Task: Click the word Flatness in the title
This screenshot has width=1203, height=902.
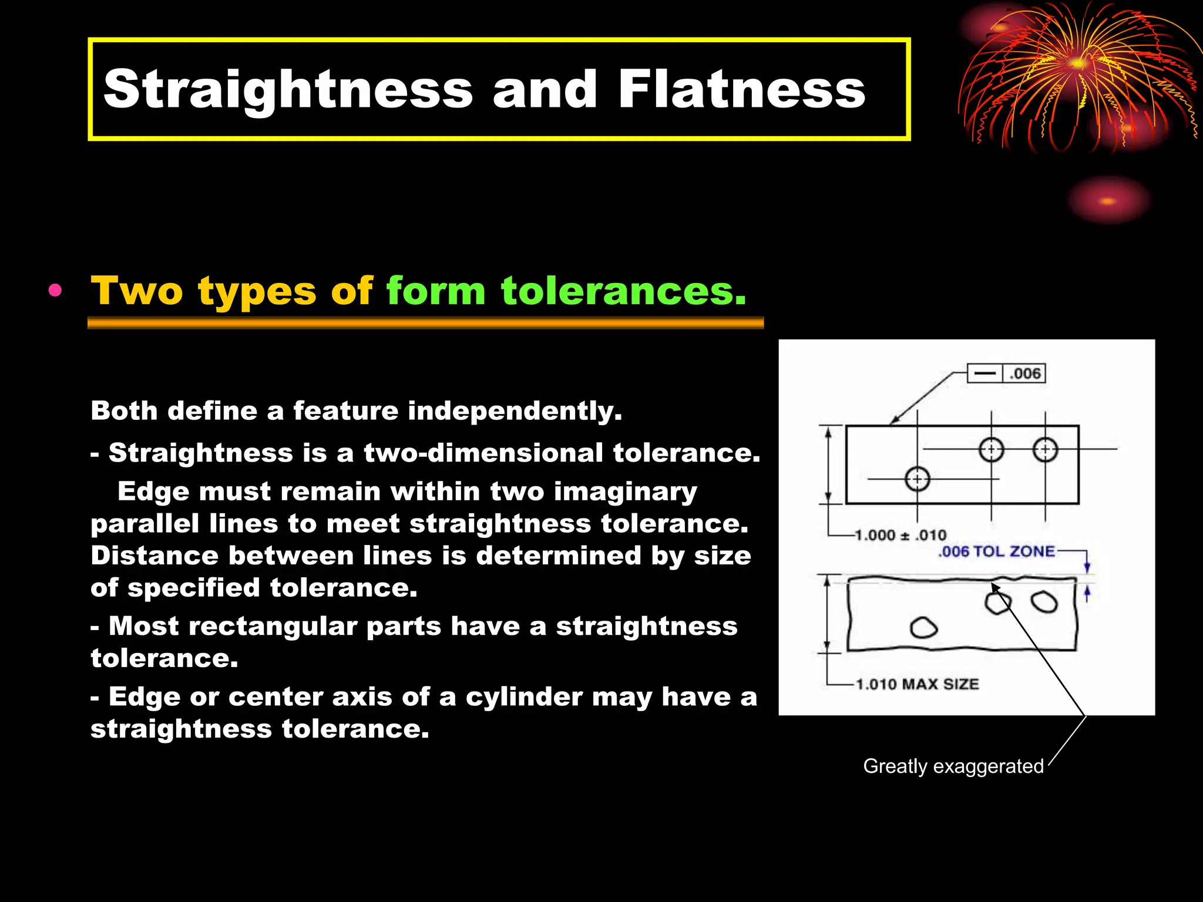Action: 741,89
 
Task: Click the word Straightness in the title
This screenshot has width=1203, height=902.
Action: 288,89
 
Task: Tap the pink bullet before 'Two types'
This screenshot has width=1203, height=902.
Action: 55,291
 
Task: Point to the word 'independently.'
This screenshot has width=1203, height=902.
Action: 515,410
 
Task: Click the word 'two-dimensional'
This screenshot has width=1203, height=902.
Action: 483,453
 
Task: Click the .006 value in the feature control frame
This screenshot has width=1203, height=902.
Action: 1024,373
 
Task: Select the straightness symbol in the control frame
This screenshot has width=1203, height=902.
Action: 985,373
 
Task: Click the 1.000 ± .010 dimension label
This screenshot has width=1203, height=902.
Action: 900,535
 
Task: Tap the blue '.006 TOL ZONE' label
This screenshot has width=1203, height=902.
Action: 996,551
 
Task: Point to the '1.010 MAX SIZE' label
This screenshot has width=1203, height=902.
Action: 917,684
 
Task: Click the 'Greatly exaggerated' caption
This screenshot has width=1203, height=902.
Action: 953,766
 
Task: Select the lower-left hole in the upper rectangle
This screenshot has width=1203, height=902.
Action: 917,479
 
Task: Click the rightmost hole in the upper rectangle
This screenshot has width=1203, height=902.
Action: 1045,450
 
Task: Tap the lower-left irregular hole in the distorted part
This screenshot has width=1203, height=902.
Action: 923,627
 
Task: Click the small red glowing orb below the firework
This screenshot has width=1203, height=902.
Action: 1108,201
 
